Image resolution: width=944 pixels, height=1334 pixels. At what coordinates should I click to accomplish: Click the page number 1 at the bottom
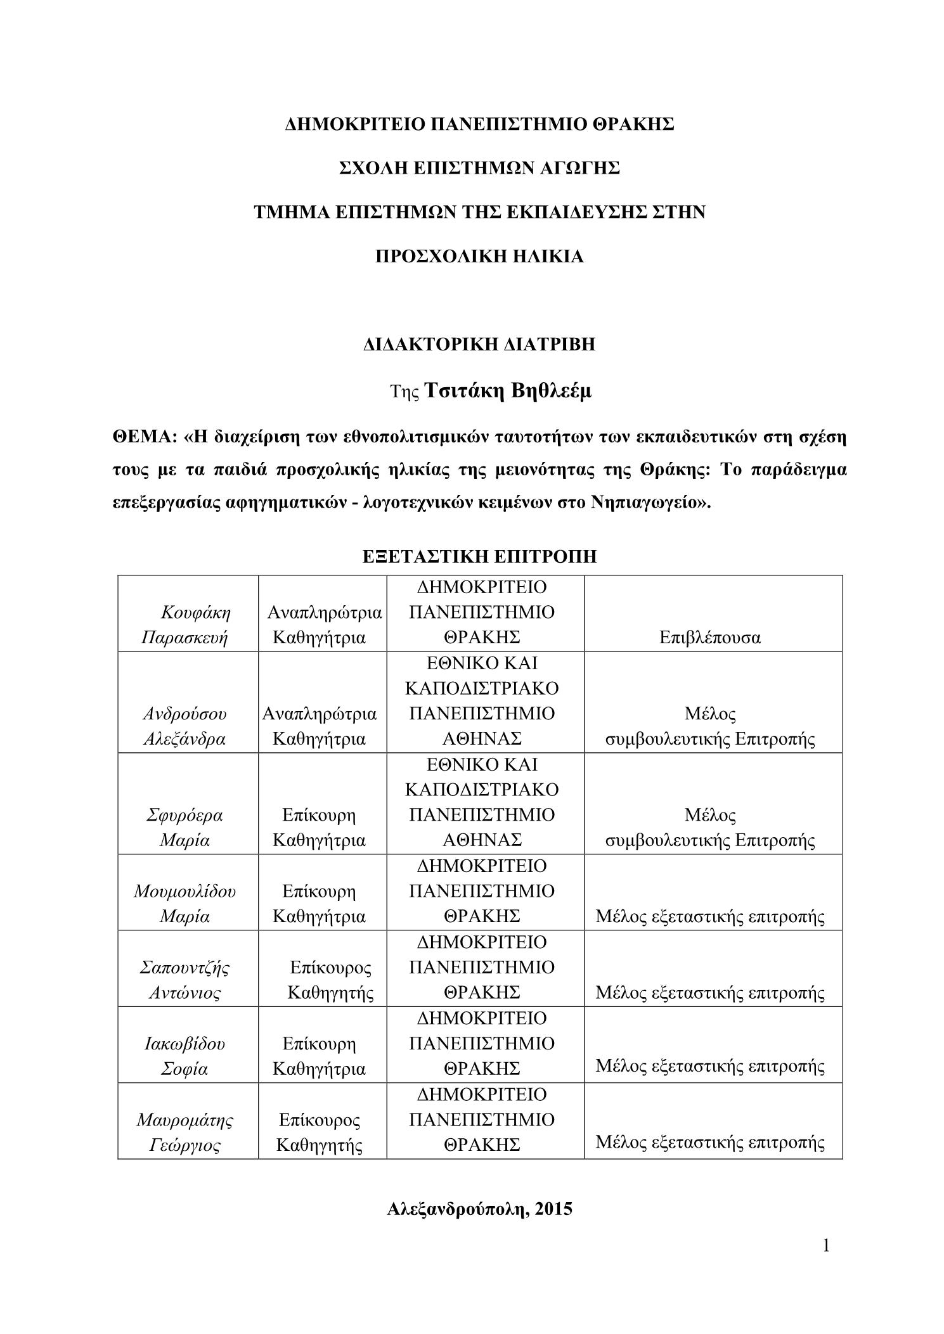click(x=825, y=1246)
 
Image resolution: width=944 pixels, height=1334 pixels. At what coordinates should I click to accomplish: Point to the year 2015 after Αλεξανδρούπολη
click(x=553, y=1209)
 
